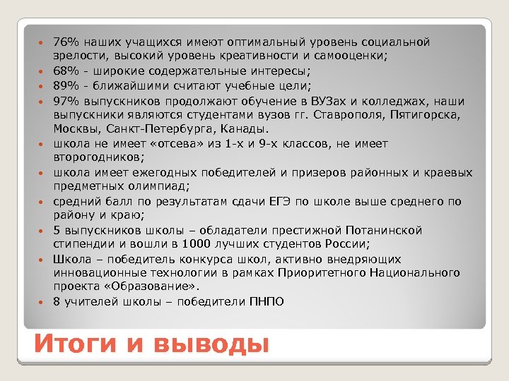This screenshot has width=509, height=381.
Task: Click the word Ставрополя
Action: point(334,115)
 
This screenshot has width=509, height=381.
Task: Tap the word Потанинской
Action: point(383,231)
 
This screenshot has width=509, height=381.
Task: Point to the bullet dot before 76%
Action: point(42,43)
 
